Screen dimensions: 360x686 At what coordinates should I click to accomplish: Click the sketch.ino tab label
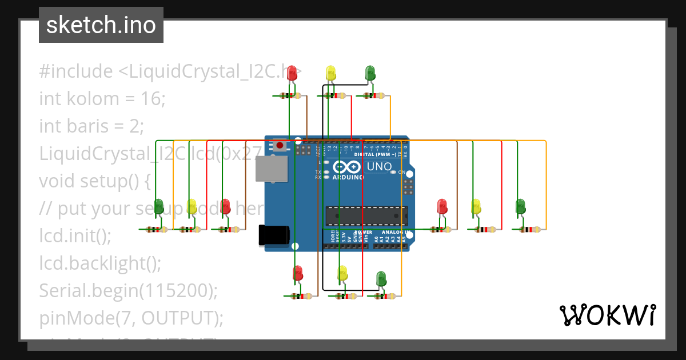(101, 25)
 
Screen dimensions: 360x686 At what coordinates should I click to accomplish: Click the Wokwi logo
(607, 315)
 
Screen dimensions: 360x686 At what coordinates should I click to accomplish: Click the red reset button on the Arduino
(280, 145)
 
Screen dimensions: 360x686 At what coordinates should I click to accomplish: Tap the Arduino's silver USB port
(272, 169)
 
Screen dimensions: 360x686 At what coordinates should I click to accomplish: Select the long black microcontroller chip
(366, 215)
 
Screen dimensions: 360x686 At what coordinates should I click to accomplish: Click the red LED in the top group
(292, 73)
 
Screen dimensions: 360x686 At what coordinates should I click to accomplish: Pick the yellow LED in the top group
(331, 73)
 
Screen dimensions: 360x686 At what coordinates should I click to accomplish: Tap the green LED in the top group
(370, 73)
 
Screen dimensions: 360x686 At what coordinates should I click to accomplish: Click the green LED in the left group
(158, 206)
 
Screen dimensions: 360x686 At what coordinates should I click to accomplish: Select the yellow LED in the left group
(192, 206)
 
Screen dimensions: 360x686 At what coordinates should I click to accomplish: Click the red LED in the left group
(225, 206)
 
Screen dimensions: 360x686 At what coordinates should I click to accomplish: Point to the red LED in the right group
(442, 206)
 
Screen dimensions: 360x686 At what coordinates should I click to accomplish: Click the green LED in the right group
(520, 206)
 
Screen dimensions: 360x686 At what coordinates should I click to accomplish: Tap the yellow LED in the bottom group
(342, 273)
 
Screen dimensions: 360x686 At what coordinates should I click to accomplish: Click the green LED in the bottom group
(381, 279)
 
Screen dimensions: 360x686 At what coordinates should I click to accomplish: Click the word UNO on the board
(379, 167)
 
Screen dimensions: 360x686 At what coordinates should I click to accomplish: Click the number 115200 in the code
(177, 290)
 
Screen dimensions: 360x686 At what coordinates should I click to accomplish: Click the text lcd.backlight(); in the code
(100, 263)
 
